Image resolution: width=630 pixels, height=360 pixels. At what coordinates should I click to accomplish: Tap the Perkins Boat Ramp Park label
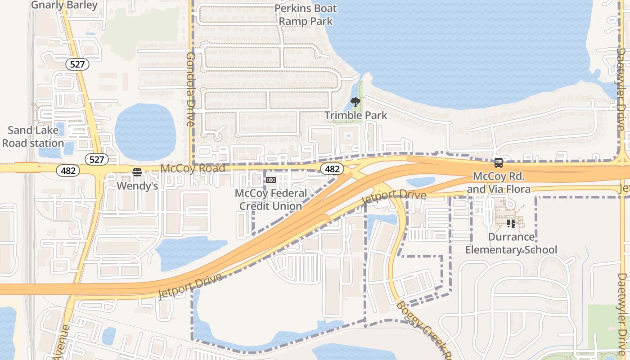[x=306, y=14]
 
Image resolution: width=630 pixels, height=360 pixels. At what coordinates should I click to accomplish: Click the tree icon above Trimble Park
[x=355, y=102]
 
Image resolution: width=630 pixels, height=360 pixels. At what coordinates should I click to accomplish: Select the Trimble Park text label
[x=355, y=115]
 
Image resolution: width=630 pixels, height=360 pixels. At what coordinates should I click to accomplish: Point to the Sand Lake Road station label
[x=33, y=137]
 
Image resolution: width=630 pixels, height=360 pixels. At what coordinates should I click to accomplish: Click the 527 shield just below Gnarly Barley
[x=77, y=64]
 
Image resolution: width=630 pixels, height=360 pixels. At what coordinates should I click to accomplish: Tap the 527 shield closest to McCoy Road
[x=97, y=159]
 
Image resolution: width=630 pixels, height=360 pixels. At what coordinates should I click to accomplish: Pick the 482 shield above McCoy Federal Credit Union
[x=332, y=169]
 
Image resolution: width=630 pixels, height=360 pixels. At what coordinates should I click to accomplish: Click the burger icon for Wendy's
[x=137, y=172]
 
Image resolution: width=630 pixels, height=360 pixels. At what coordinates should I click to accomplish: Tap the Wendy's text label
[x=137, y=185]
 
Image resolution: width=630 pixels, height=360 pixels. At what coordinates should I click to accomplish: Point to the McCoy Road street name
[x=193, y=168]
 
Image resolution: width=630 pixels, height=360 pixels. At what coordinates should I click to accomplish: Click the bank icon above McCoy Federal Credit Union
[x=270, y=180]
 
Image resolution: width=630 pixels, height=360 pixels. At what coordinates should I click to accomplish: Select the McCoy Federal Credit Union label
[x=271, y=199]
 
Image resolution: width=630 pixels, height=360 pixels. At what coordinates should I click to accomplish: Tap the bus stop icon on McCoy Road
[x=499, y=163]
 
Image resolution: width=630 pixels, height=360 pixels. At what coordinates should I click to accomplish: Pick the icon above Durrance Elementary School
[x=511, y=223]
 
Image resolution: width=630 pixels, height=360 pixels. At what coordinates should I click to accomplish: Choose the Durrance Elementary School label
[x=511, y=243]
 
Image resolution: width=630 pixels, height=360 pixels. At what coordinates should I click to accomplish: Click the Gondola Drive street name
[x=190, y=89]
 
